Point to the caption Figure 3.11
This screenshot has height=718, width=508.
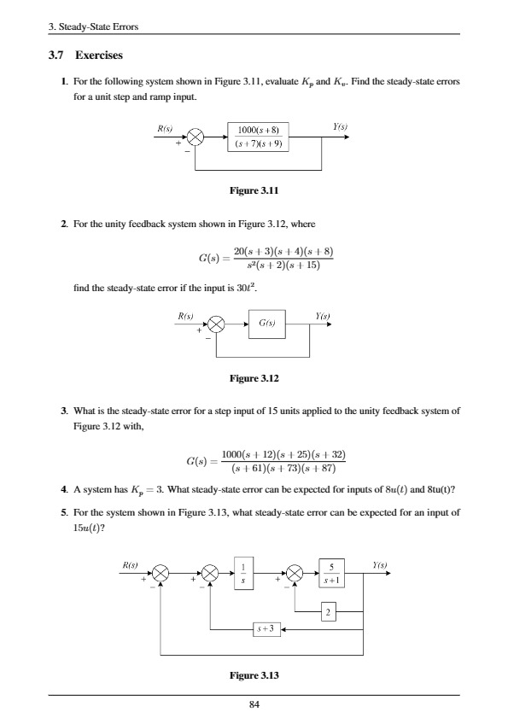[256, 193]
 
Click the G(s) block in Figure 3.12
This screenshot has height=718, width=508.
[265, 324]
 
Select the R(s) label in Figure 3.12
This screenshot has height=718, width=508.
[186, 315]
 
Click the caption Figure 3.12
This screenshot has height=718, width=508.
[256, 377]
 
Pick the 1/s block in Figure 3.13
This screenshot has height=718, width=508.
[244, 573]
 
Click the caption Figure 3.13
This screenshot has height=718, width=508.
[256, 676]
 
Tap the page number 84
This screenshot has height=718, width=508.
[254, 704]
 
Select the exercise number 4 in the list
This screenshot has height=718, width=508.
[64, 489]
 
